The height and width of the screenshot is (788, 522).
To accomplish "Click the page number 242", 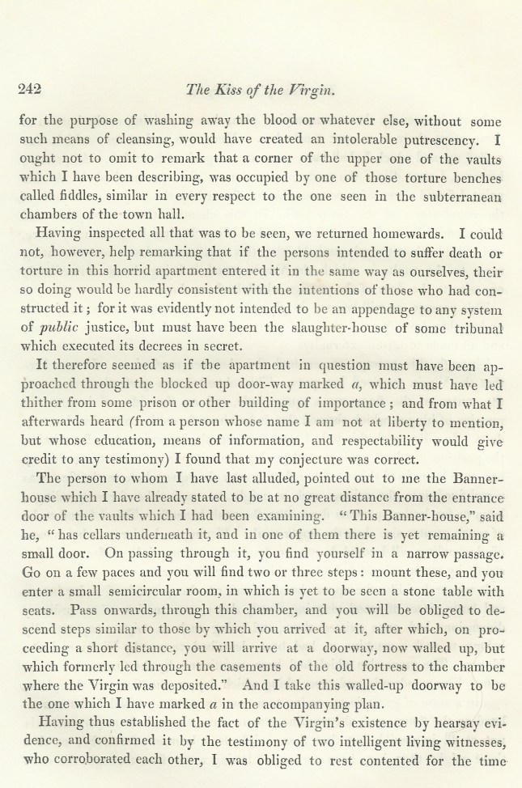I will pyautogui.click(x=30, y=89).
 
